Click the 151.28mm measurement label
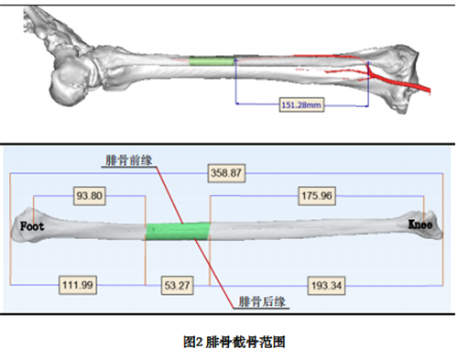[x=301, y=104]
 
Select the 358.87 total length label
[x=226, y=173]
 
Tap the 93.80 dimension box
[x=90, y=196]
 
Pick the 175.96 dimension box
[x=317, y=196]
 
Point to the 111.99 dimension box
[x=78, y=285]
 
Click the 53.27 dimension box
[x=177, y=286]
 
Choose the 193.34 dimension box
[x=326, y=286]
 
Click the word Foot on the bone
[x=32, y=226]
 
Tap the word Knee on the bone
[x=420, y=224]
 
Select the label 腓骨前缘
[x=128, y=160]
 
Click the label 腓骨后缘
[x=262, y=301]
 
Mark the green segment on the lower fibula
[x=178, y=232]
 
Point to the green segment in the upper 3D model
[x=212, y=60]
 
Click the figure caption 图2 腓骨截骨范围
[x=234, y=342]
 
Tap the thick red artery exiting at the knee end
[x=403, y=83]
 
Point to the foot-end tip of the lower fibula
[x=12, y=231]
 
